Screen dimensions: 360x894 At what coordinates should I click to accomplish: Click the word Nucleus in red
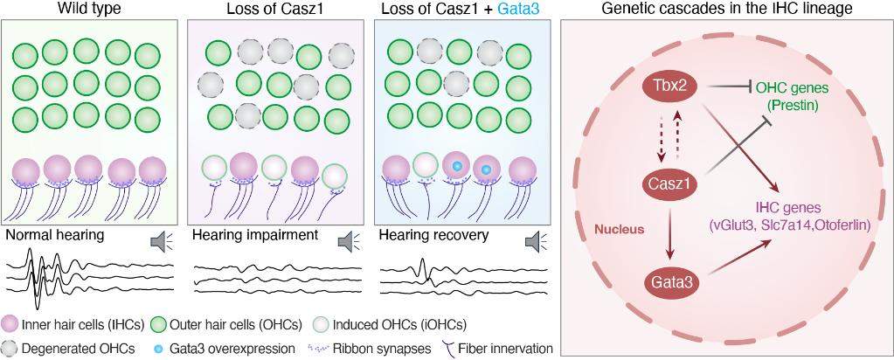point(619,229)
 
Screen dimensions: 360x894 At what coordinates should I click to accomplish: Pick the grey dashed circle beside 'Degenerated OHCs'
point(11,349)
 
